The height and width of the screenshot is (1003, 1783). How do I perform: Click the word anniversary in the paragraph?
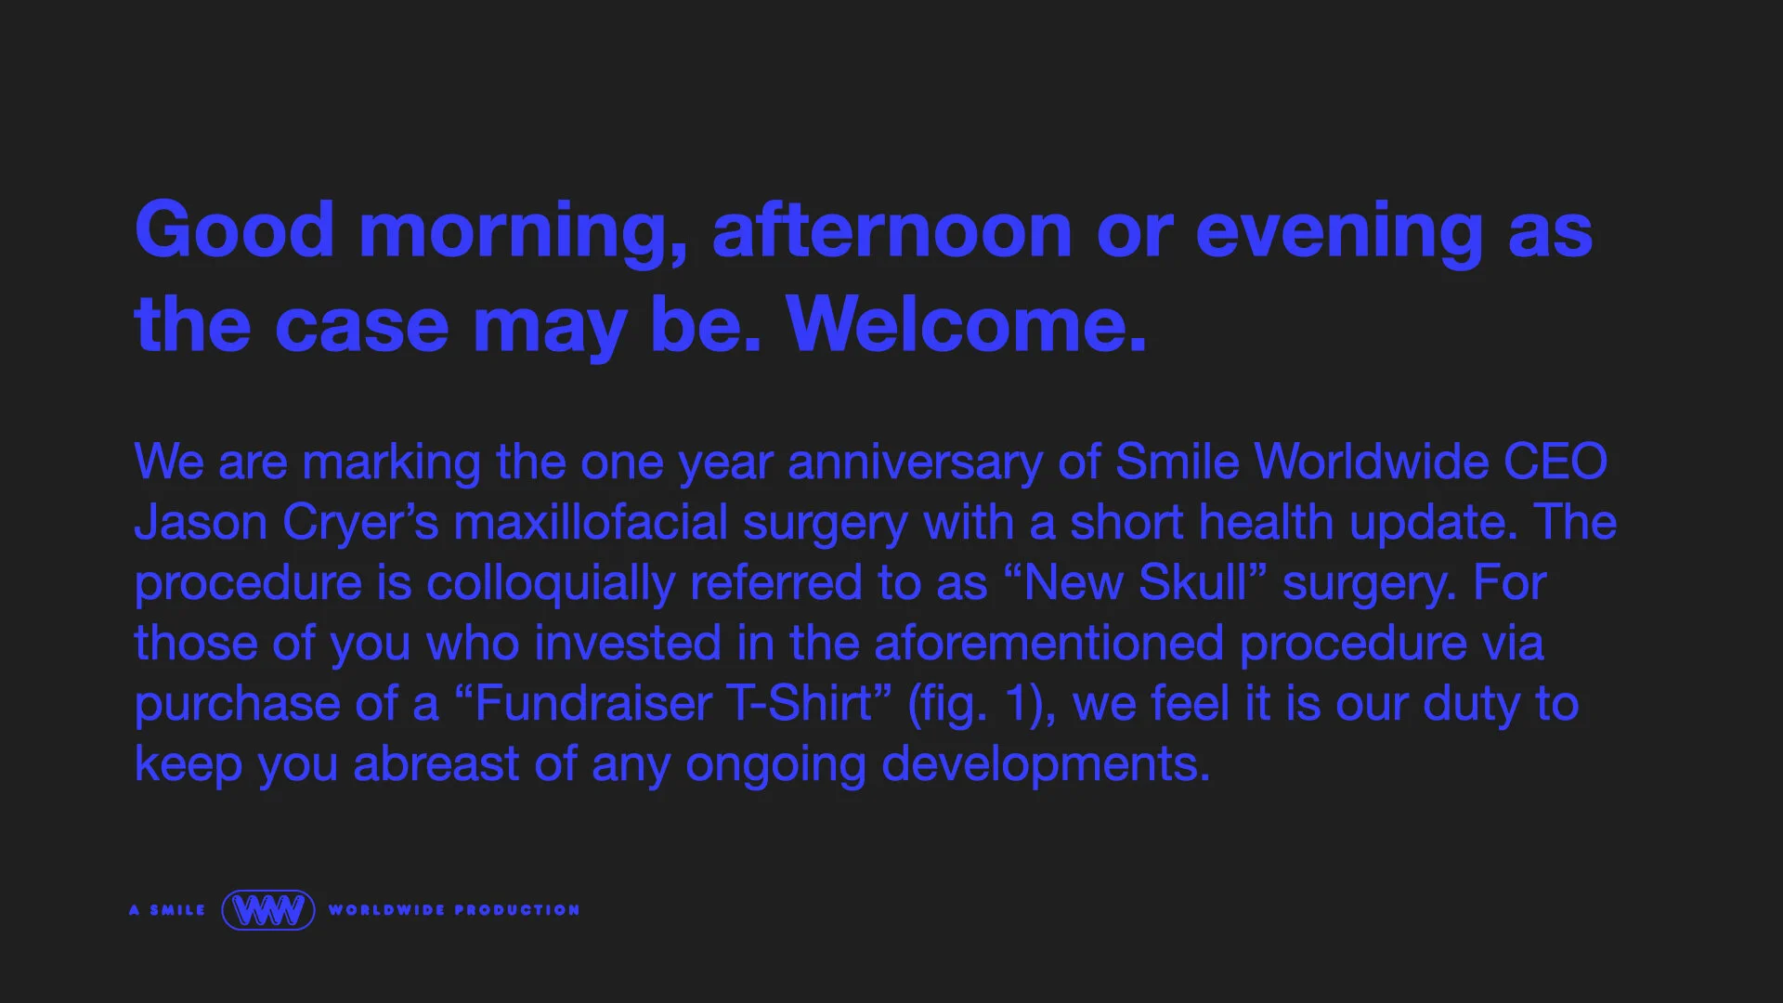[x=915, y=462]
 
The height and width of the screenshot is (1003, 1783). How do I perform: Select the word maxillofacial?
[x=590, y=522]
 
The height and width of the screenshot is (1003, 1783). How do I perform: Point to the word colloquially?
[x=550, y=583]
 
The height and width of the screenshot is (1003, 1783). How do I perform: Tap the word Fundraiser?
[x=592, y=703]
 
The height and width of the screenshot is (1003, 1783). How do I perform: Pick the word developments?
[x=1046, y=764]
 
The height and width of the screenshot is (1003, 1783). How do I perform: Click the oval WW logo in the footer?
[x=267, y=910]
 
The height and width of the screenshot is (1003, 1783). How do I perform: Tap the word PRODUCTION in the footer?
[x=517, y=910]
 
